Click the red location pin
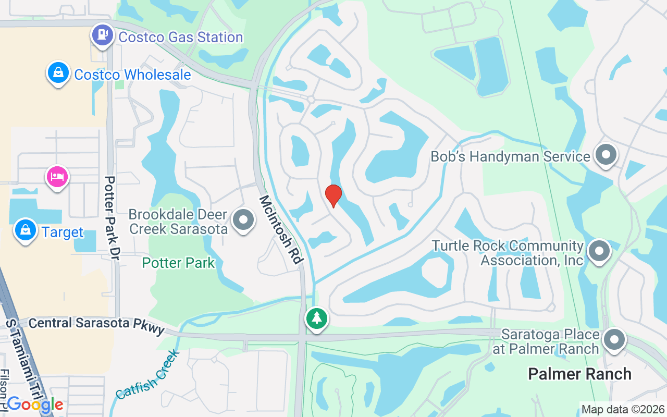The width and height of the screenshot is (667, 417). (x=333, y=195)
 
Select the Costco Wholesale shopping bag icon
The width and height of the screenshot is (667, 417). (x=59, y=73)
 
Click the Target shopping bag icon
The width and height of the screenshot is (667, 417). (x=25, y=230)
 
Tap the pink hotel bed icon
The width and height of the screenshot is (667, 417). (x=57, y=177)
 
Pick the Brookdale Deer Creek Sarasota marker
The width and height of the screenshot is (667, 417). (x=243, y=220)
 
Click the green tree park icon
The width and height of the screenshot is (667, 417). (x=316, y=317)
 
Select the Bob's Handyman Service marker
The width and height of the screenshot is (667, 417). (x=606, y=155)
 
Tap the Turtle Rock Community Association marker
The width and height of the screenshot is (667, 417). (x=599, y=252)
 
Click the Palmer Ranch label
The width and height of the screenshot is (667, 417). (x=579, y=374)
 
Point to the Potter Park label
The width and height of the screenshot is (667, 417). (x=178, y=263)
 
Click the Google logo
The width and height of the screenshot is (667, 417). (x=35, y=404)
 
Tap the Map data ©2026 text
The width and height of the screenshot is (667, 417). (x=623, y=409)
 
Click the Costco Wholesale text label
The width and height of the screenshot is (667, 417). (x=132, y=75)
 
